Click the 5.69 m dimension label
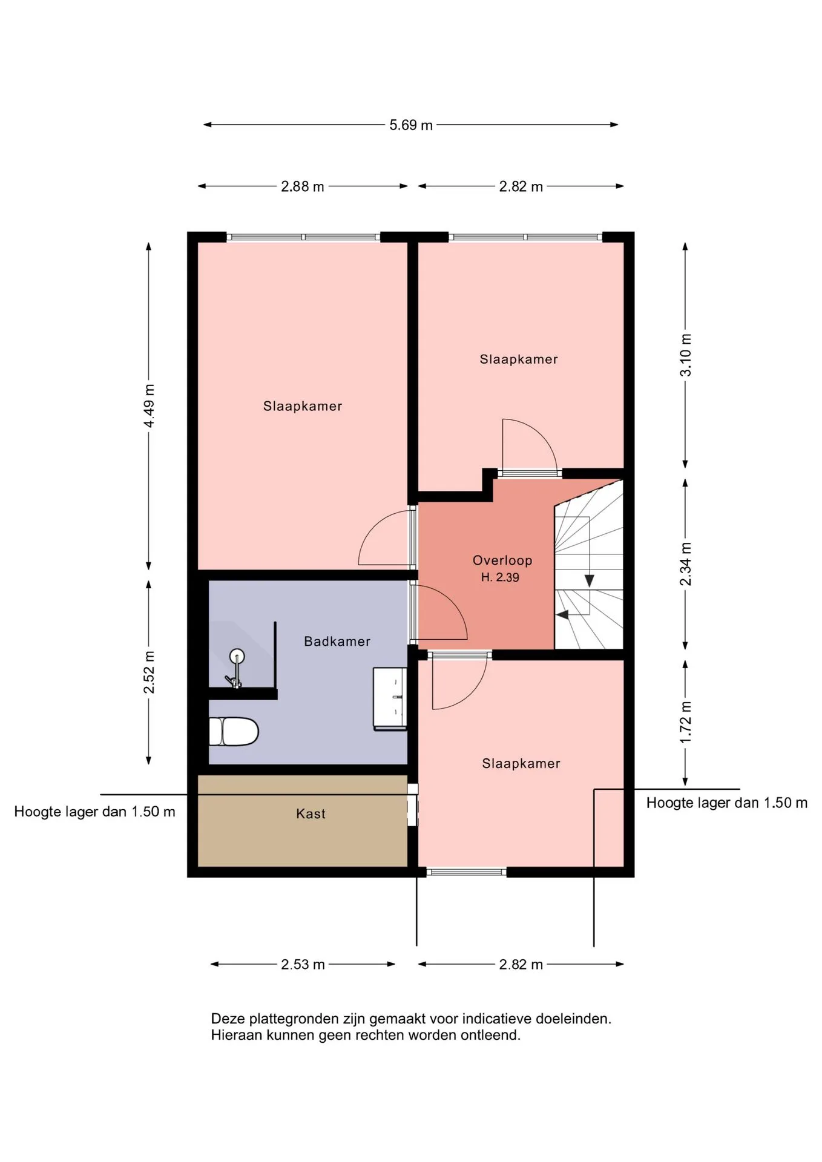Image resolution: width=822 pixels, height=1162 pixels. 411,125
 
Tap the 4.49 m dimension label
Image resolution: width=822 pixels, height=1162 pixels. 149,405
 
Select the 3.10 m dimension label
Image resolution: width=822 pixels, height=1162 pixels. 685,355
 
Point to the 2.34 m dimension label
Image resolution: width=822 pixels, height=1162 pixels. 685,564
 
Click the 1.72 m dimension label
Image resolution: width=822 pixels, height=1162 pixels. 685,723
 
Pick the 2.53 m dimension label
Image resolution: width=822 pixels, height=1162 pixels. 303,964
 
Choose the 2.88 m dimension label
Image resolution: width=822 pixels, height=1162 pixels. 303,186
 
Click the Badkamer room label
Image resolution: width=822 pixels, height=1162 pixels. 337,641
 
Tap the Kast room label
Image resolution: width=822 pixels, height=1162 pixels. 311,813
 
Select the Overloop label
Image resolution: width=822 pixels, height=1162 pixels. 502,560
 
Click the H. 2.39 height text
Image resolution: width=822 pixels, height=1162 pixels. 500,577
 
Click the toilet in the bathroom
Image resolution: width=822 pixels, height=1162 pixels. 234,732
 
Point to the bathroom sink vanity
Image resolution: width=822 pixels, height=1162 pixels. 390,699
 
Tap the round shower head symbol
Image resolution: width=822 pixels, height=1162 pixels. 237,655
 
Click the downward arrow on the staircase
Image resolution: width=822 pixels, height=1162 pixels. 589,580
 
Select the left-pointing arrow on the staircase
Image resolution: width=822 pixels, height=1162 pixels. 563,615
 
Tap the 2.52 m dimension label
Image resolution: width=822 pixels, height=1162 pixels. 149,672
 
